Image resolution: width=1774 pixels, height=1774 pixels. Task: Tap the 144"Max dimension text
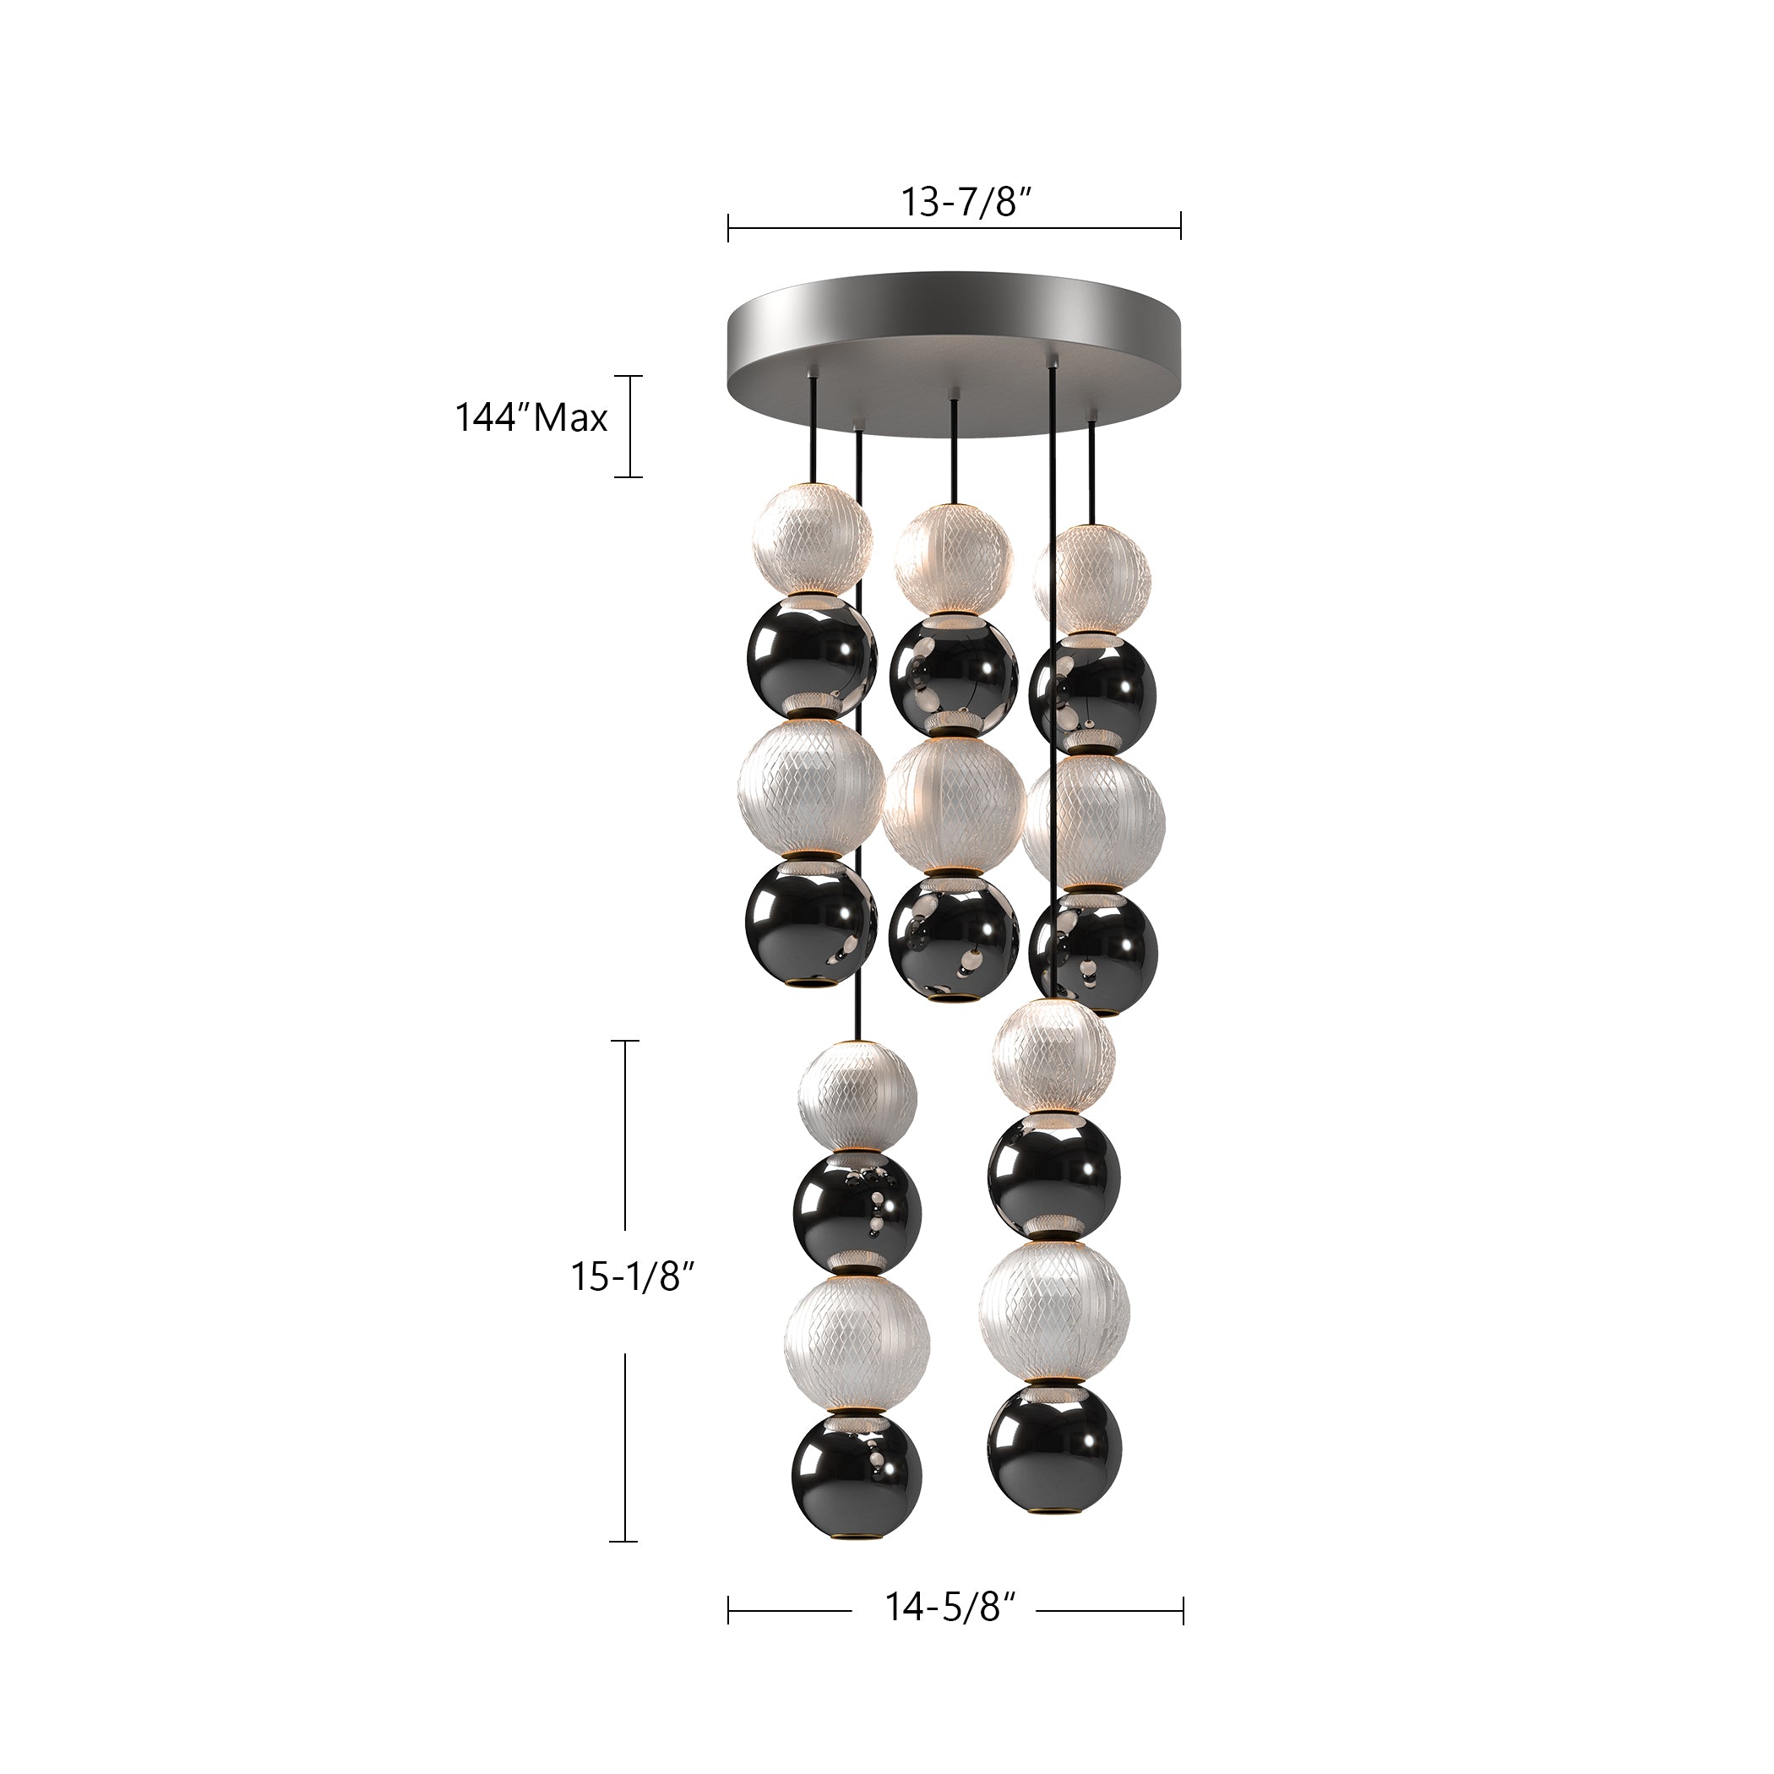point(531,419)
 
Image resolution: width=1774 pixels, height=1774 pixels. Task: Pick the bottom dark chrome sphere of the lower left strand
point(857,1489)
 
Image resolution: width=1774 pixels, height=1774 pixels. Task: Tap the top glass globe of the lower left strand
point(857,1095)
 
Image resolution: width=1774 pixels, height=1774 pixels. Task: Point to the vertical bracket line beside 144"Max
point(629,426)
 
